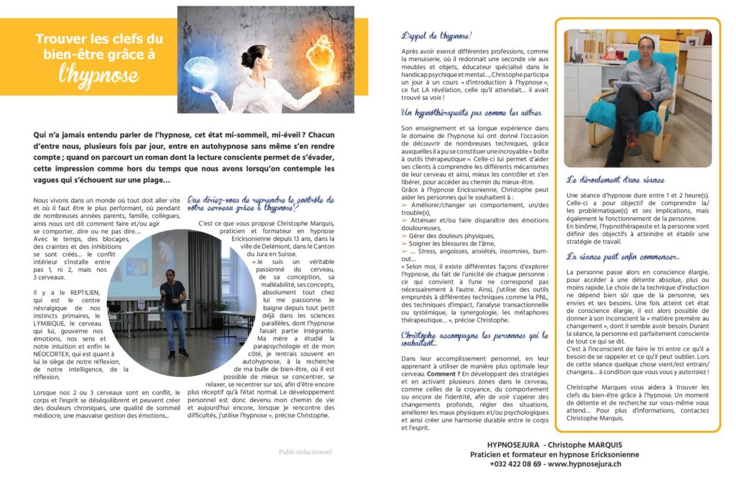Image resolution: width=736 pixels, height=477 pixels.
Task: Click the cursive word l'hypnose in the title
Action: click(101, 74)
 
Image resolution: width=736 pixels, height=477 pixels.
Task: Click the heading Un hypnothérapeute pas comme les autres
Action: click(471, 113)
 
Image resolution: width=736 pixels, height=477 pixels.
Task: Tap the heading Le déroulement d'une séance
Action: click(615, 180)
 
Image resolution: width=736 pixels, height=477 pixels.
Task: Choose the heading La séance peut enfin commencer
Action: click(622, 256)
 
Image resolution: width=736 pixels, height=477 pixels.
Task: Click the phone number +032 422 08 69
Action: click(515, 464)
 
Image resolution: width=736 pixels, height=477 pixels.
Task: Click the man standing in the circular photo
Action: click(172, 309)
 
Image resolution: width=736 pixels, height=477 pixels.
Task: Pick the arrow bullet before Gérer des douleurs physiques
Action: click(405, 236)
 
